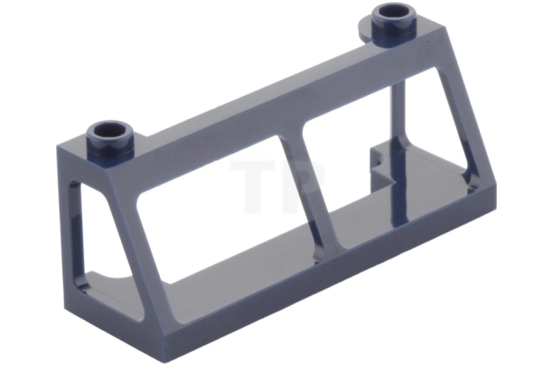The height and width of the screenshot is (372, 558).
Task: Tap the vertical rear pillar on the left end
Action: [x=65, y=223]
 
